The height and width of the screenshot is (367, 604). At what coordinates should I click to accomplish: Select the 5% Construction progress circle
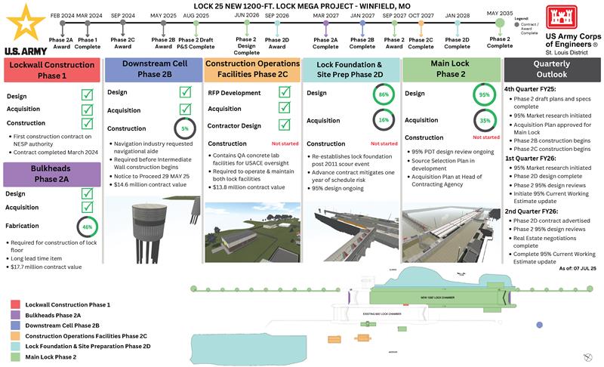183,128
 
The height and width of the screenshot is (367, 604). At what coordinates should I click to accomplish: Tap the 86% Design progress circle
384,95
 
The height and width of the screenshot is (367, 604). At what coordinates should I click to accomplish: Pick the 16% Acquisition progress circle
384,120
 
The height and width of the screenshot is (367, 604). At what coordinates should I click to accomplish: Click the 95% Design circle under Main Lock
485,95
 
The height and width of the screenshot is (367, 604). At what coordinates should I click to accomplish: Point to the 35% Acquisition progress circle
485,120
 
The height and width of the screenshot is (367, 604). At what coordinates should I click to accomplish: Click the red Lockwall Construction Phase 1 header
51,70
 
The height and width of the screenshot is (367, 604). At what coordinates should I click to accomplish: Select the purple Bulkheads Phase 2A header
51,174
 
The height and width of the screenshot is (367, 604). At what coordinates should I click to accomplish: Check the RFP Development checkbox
285,92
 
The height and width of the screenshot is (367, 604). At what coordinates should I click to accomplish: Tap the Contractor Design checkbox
285,125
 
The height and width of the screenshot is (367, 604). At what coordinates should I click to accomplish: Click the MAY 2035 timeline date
499,14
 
